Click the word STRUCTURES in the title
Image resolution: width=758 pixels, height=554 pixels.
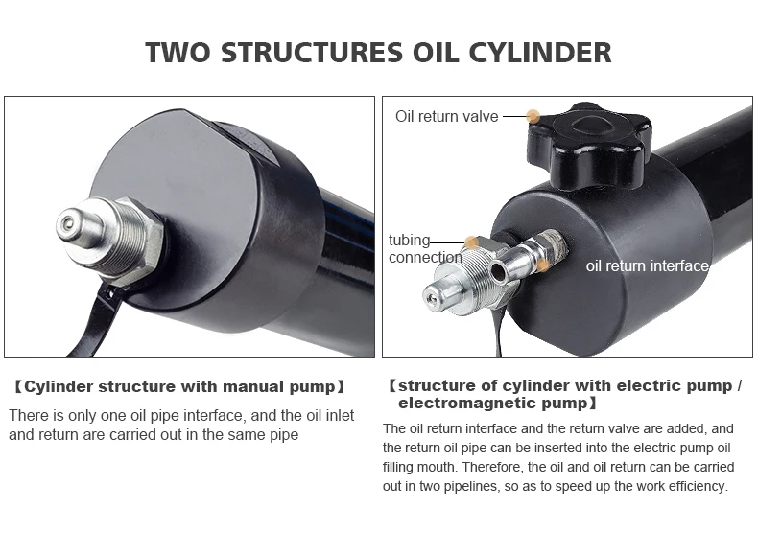click(x=300, y=52)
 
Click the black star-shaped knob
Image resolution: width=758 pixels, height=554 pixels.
click(x=588, y=145)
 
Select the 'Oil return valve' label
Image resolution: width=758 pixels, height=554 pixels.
click(x=446, y=116)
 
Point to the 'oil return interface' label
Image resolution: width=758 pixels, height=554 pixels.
click(x=647, y=265)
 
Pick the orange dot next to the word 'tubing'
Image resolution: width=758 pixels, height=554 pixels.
click(x=471, y=242)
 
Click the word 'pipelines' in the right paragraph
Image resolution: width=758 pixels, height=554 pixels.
click(x=478, y=486)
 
